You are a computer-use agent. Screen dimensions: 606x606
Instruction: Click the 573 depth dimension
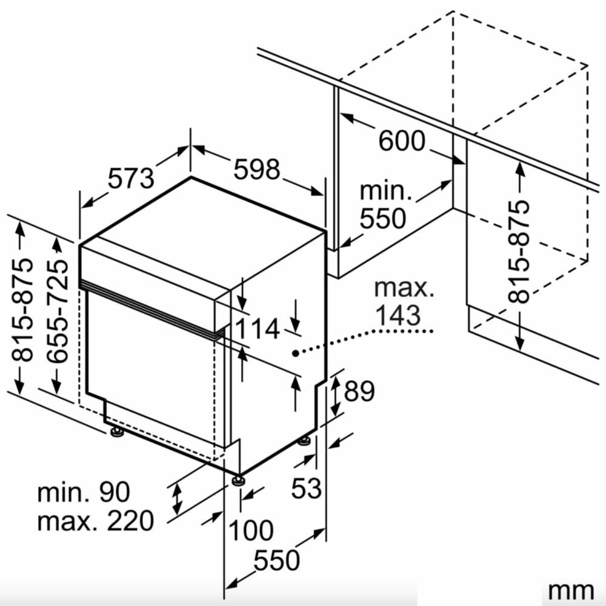(131, 178)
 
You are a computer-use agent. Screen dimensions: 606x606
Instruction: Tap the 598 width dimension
(256, 169)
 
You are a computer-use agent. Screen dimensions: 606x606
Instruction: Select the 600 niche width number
(402, 141)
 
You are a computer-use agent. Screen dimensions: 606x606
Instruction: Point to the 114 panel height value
(257, 329)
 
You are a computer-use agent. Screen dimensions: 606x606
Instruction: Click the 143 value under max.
(398, 315)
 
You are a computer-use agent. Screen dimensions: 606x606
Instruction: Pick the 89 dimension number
(359, 391)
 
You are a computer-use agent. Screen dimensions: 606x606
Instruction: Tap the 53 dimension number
(306, 488)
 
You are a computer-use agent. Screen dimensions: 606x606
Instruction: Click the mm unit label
(571, 591)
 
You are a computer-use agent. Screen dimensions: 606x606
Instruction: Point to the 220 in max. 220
(130, 521)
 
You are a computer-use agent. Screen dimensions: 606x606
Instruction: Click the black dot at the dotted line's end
(295, 353)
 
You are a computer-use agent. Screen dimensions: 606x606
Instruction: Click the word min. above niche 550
(385, 191)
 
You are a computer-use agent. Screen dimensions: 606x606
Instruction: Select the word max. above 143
(404, 288)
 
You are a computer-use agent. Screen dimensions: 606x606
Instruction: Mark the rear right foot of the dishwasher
(305, 441)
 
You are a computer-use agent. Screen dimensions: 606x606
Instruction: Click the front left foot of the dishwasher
(116, 431)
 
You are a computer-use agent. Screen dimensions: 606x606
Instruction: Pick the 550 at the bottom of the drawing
(277, 561)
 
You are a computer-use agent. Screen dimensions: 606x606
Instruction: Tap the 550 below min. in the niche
(383, 218)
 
